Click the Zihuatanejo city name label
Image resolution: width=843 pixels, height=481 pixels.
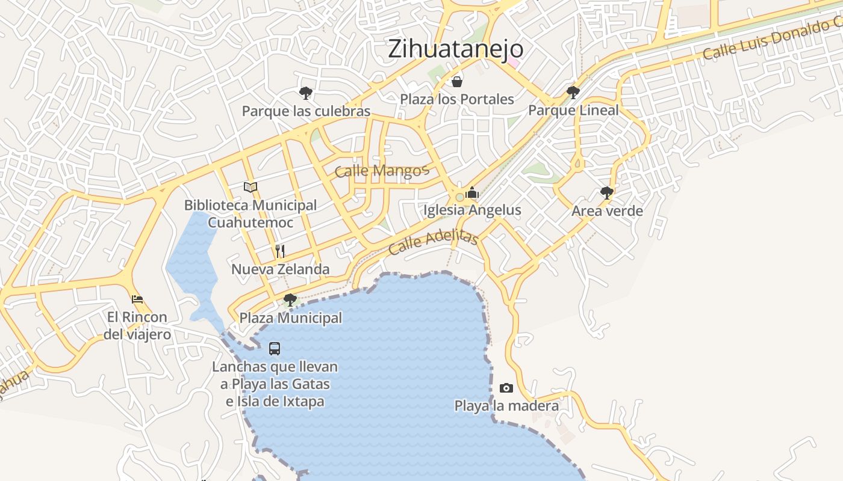click(x=455, y=49)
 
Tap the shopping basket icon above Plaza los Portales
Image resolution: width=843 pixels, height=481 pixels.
click(x=457, y=82)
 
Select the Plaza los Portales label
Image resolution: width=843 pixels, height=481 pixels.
click(x=457, y=99)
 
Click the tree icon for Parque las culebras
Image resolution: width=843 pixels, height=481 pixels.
click(x=306, y=93)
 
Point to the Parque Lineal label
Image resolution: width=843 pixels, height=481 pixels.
click(x=573, y=110)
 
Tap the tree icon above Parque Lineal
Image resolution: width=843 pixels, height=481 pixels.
click(x=573, y=93)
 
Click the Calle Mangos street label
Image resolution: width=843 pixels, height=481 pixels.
click(x=382, y=171)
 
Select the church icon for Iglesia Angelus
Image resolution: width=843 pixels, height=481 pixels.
click(x=472, y=192)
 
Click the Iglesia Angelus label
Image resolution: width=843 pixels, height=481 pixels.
click(x=472, y=210)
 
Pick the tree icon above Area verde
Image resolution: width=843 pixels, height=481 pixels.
click(x=607, y=193)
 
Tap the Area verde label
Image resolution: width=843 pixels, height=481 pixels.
click(x=607, y=211)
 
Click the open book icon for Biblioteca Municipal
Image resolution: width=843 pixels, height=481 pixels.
click(x=250, y=187)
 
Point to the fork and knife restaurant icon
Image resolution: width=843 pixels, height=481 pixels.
click(x=280, y=251)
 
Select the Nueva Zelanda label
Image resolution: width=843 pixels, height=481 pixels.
click(x=281, y=269)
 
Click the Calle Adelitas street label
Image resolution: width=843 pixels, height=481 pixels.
click(x=434, y=242)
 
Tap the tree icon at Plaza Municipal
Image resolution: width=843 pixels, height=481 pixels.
click(x=290, y=299)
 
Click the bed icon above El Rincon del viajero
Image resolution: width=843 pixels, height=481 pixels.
click(x=137, y=299)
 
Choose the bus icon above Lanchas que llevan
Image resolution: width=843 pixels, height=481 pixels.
click(x=275, y=348)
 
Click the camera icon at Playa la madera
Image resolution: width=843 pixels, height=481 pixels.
click(x=506, y=388)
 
